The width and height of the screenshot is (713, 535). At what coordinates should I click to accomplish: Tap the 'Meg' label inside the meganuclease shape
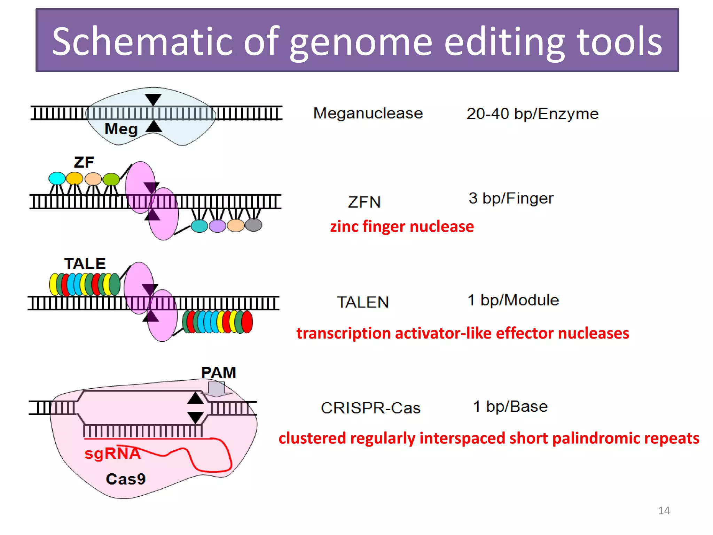click(x=121, y=129)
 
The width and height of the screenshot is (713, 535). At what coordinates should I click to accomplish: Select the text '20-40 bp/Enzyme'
click(x=532, y=114)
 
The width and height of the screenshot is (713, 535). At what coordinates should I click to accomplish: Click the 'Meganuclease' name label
click(x=368, y=113)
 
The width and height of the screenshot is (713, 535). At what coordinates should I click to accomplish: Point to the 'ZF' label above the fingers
click(x=84, y=162)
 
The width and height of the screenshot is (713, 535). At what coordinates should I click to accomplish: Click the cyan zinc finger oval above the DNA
click(x=57, y=178)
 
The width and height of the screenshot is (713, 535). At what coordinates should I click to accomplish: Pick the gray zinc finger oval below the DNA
click(x=253, y=225)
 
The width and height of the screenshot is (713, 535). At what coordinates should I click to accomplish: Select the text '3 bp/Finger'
click(x=511, y=198)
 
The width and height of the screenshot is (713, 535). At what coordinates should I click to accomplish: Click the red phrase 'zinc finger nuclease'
click(x=402, y=226)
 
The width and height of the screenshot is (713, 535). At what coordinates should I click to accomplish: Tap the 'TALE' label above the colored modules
click(x=85, y=264)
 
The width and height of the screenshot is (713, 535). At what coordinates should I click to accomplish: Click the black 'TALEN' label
click(x=363, y=302)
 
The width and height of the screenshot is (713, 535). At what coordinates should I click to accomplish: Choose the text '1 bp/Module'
click(x=513, y=300)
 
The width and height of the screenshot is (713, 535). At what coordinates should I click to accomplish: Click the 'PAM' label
click(x=218, y=373)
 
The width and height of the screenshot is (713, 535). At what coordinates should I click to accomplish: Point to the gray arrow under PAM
click(x=217, y=389)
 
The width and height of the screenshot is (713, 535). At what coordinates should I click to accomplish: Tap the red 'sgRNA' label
click(x=112, y=453)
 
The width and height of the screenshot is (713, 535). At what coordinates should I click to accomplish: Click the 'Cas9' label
click(x=126, y=479)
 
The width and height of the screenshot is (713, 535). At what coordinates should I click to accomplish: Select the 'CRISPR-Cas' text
click(x=370, y=408)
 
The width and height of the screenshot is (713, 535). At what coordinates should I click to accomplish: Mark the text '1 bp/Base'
click(x=510, y=406)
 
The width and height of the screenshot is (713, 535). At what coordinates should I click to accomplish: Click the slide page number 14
click(x=664, y=511)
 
